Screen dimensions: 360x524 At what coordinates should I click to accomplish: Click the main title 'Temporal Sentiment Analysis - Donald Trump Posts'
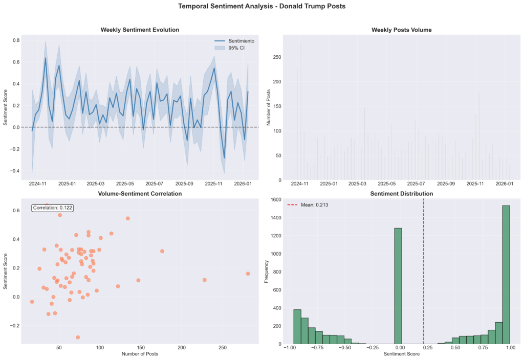pyautogui.click(x=261, y=6)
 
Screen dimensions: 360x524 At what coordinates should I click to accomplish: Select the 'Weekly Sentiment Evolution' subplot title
pyautogui.click(x=140, y=30)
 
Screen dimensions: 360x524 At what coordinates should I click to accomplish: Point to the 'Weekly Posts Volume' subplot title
pyautogui.click(x=401, y=30)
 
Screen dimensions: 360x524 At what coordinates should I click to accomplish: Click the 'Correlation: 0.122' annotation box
pyautogui.click(x=52, y=208)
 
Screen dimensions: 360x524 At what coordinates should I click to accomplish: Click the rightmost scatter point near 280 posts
pyautogui.click(x=248, y=274)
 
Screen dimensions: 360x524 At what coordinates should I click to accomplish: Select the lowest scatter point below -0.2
pyautogui.click(x=78, y=337)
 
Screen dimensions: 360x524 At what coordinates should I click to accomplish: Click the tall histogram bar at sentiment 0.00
pyautogui.click(x=398, y=286)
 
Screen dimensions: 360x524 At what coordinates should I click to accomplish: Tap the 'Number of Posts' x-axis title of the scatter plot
pyautogui.click(x=140, y=354)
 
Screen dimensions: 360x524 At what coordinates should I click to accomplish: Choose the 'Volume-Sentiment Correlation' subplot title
pyautogui.click(x=140, y=194)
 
